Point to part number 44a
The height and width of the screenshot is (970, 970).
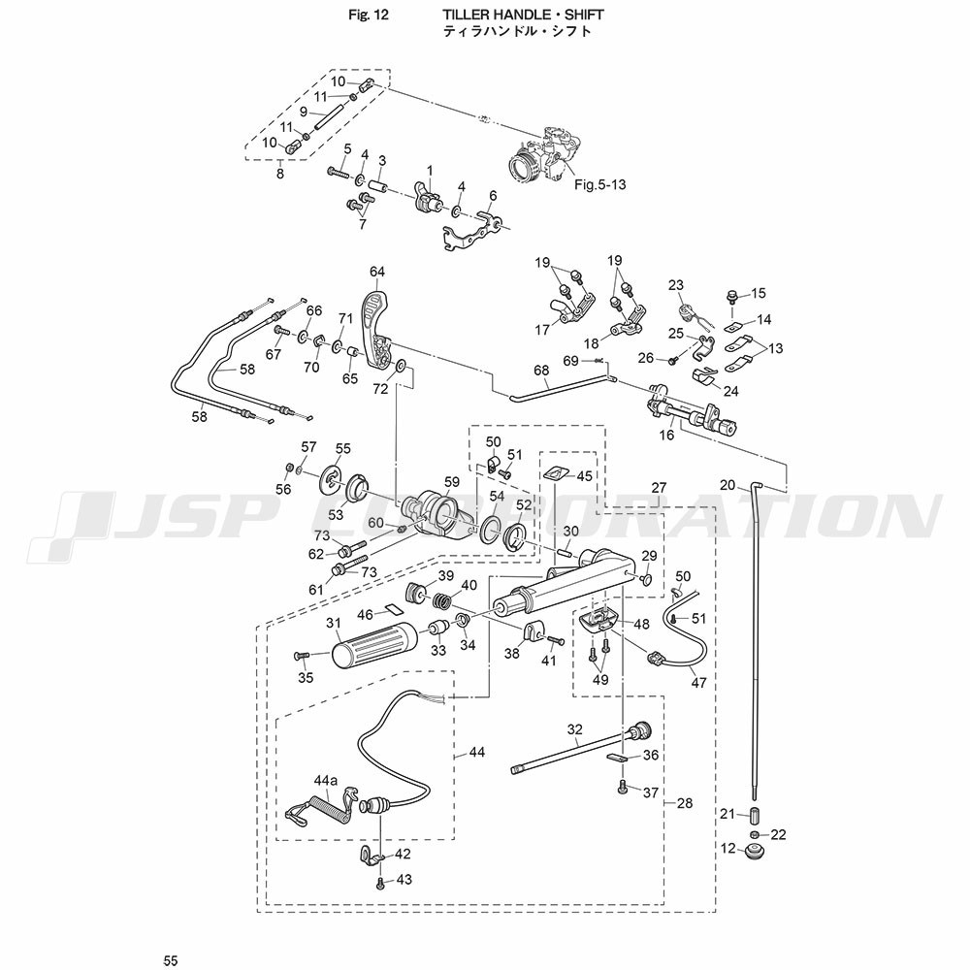coord(325,781)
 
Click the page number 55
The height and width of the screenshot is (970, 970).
coord(172,959)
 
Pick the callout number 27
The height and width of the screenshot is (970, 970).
coord(659,487)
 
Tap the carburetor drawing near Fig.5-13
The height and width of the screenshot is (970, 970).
coord(547,156)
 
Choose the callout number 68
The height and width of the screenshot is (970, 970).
coord(541,370)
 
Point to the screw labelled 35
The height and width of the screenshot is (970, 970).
coord(301,657)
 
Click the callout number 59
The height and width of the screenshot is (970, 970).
coord(451,481)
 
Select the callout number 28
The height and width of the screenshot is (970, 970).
coord(685,803)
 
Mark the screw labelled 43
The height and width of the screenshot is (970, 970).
coord(380,882)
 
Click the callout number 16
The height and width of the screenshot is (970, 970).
coord(666,437)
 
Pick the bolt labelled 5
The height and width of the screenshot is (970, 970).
coord(335,172)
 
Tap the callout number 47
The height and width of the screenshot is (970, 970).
coord(698,683)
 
